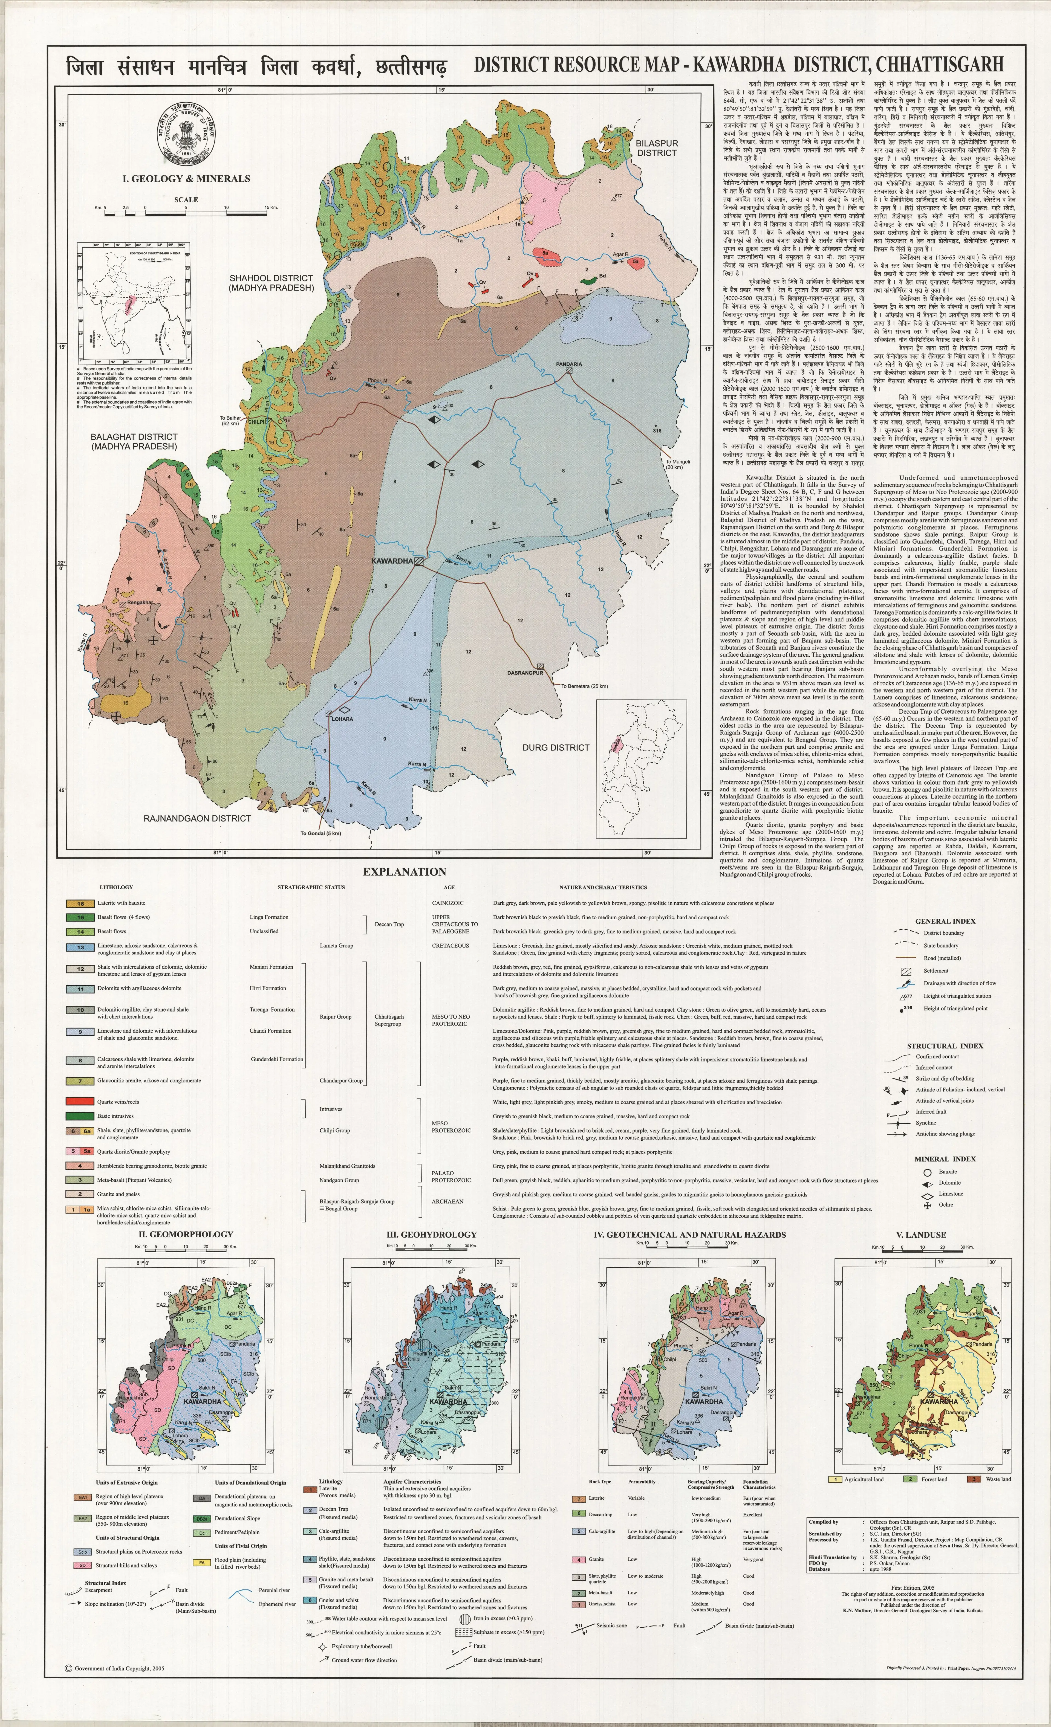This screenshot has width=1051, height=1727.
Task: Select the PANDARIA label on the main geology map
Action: pyautogui.click(x=569, y=364)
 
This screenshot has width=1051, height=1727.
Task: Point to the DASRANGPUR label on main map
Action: pyautogui.click(x=525, y=673)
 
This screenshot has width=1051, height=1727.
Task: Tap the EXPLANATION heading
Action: pyautogui.click(x=405, y=872)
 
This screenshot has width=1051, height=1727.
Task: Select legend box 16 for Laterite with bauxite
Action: pyautogui.click(x=81, y=903)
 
